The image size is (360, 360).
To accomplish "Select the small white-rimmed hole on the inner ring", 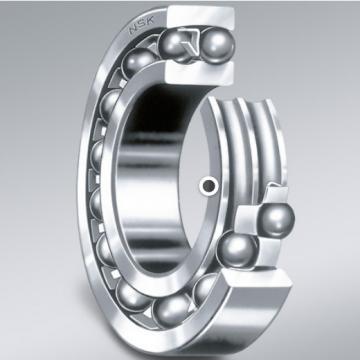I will pos(209,185).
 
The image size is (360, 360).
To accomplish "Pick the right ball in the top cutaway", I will pos(216,46).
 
